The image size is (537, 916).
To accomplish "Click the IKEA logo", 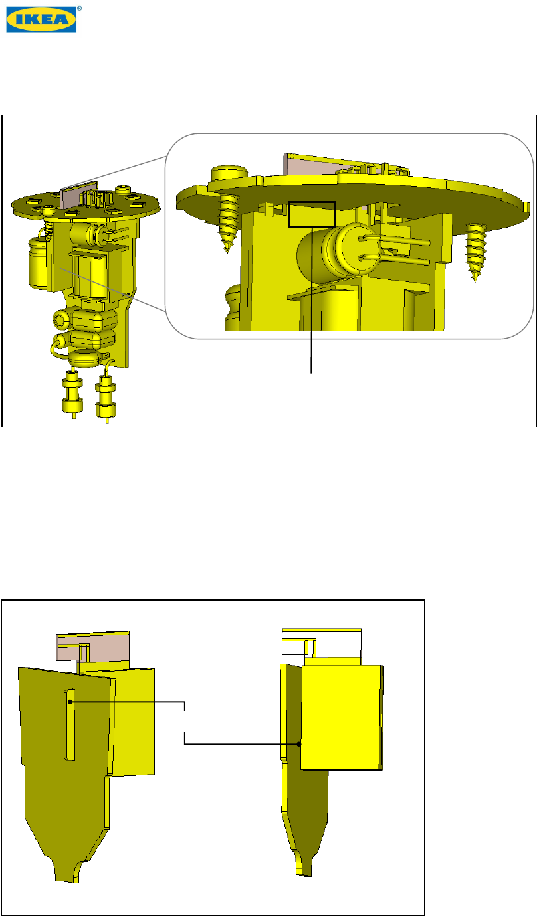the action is pos(41,19).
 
